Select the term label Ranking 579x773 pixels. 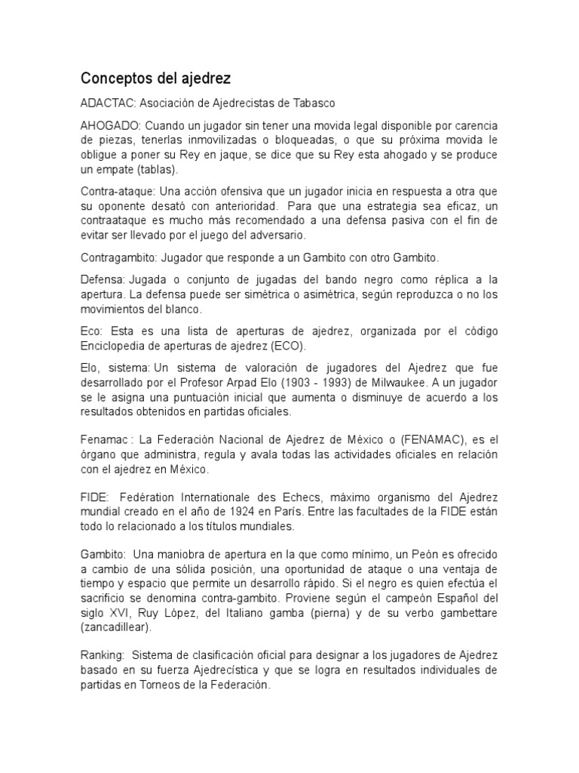(x=103, y=655)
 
